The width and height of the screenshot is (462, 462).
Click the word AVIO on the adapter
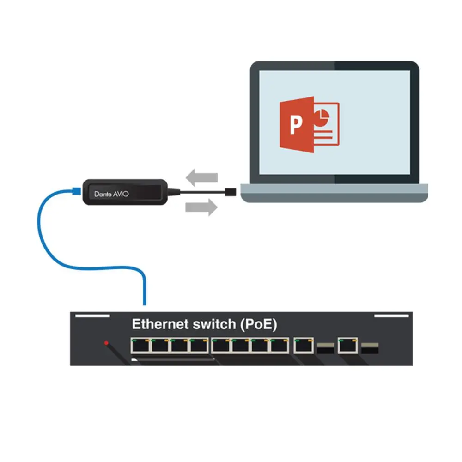(120, 194)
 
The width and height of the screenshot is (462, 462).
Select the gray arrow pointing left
(202, 177)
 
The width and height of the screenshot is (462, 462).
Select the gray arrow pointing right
(201, 207)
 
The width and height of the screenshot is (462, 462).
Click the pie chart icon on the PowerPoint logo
(322, 116)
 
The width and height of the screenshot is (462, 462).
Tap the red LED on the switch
(106, 343)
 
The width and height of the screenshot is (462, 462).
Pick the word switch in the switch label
(213, 324)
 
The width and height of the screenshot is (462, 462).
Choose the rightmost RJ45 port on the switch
(347, 345)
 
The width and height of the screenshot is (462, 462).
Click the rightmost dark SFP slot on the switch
(370, 348)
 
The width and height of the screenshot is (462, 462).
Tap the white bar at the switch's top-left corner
(92, 316)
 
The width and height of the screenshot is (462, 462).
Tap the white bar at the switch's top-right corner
(392, 316)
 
